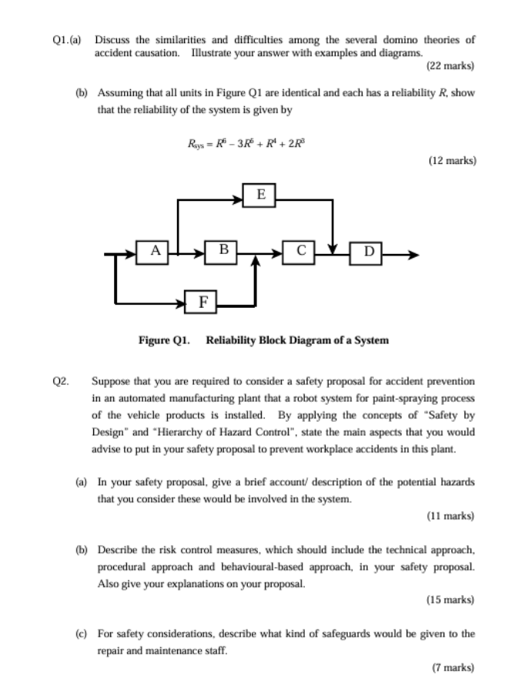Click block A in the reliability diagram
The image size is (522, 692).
pyautogui.click(x=156, y=250)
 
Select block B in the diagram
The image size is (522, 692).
pyautogui.click(x=223, y=249)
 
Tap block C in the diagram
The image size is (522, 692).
pyautogui.click(x=301, y=250)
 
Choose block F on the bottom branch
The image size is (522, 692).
pyautogui.click(x=203, y=302)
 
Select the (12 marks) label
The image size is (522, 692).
pyautogui.click(x=451, y=161)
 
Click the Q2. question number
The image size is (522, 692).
pyautogui.click(x=62, y=381)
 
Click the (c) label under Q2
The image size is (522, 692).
pyautogui.click(x=81, y=634)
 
